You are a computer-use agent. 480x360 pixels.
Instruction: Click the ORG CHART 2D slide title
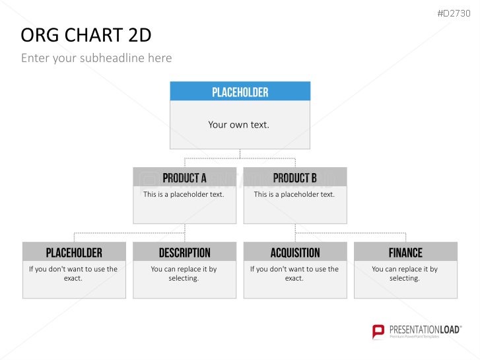pos(86,35)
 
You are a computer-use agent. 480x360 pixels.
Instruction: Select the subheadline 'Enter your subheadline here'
pos(96,58)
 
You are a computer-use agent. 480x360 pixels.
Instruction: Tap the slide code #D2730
pos(454,13)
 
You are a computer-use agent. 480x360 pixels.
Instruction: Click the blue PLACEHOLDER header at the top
pos(240,92)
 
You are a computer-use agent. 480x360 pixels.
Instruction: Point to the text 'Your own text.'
pos(239,125)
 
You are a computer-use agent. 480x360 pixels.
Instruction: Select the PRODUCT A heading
pos(184,178)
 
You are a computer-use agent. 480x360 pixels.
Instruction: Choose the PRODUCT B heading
pos(294,178)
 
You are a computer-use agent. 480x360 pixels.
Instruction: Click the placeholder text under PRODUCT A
pos(184,194)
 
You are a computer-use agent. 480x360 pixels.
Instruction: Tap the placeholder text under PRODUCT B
pos(294,194)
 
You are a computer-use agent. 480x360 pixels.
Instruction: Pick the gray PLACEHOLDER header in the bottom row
pos(74,253)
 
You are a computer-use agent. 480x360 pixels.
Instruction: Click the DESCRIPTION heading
pos(185,253)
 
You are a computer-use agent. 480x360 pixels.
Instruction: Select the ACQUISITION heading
pos(295,253)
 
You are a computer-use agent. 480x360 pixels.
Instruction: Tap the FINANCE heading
pos(405,253)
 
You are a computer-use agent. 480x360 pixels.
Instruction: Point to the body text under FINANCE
pos(405,273)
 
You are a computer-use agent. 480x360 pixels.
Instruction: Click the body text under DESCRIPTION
pos(184,273)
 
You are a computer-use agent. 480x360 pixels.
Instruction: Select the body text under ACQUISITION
pos(294,273)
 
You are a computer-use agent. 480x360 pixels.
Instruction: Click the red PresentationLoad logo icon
pos(378,332)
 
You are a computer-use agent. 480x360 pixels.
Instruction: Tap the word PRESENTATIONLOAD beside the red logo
pos(425,330)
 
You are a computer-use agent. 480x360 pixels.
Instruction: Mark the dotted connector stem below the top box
pos(240,154)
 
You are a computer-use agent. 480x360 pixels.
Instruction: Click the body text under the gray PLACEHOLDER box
pos(73,273)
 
